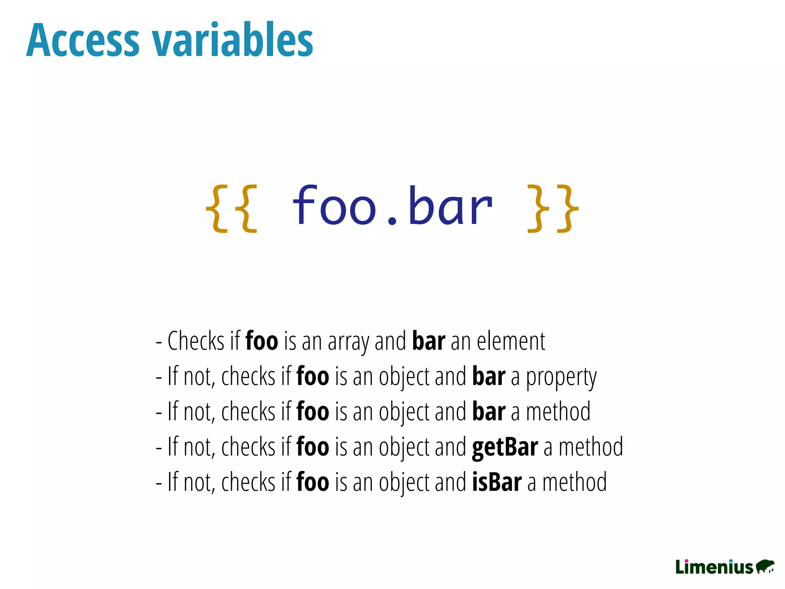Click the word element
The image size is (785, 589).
click(511, 341)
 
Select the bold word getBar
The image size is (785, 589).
click(505, 448)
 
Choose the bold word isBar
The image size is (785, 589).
click(497, 482)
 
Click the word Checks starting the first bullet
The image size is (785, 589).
click(196, 341)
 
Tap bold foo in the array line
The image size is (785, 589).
click(262, 341)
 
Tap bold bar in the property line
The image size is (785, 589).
click(489, 377)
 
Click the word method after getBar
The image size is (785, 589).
click(591, 447)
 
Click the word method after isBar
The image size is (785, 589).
click(575, 482)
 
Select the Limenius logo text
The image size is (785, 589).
click(714, 567)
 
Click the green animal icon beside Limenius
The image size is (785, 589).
click(765, 566)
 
